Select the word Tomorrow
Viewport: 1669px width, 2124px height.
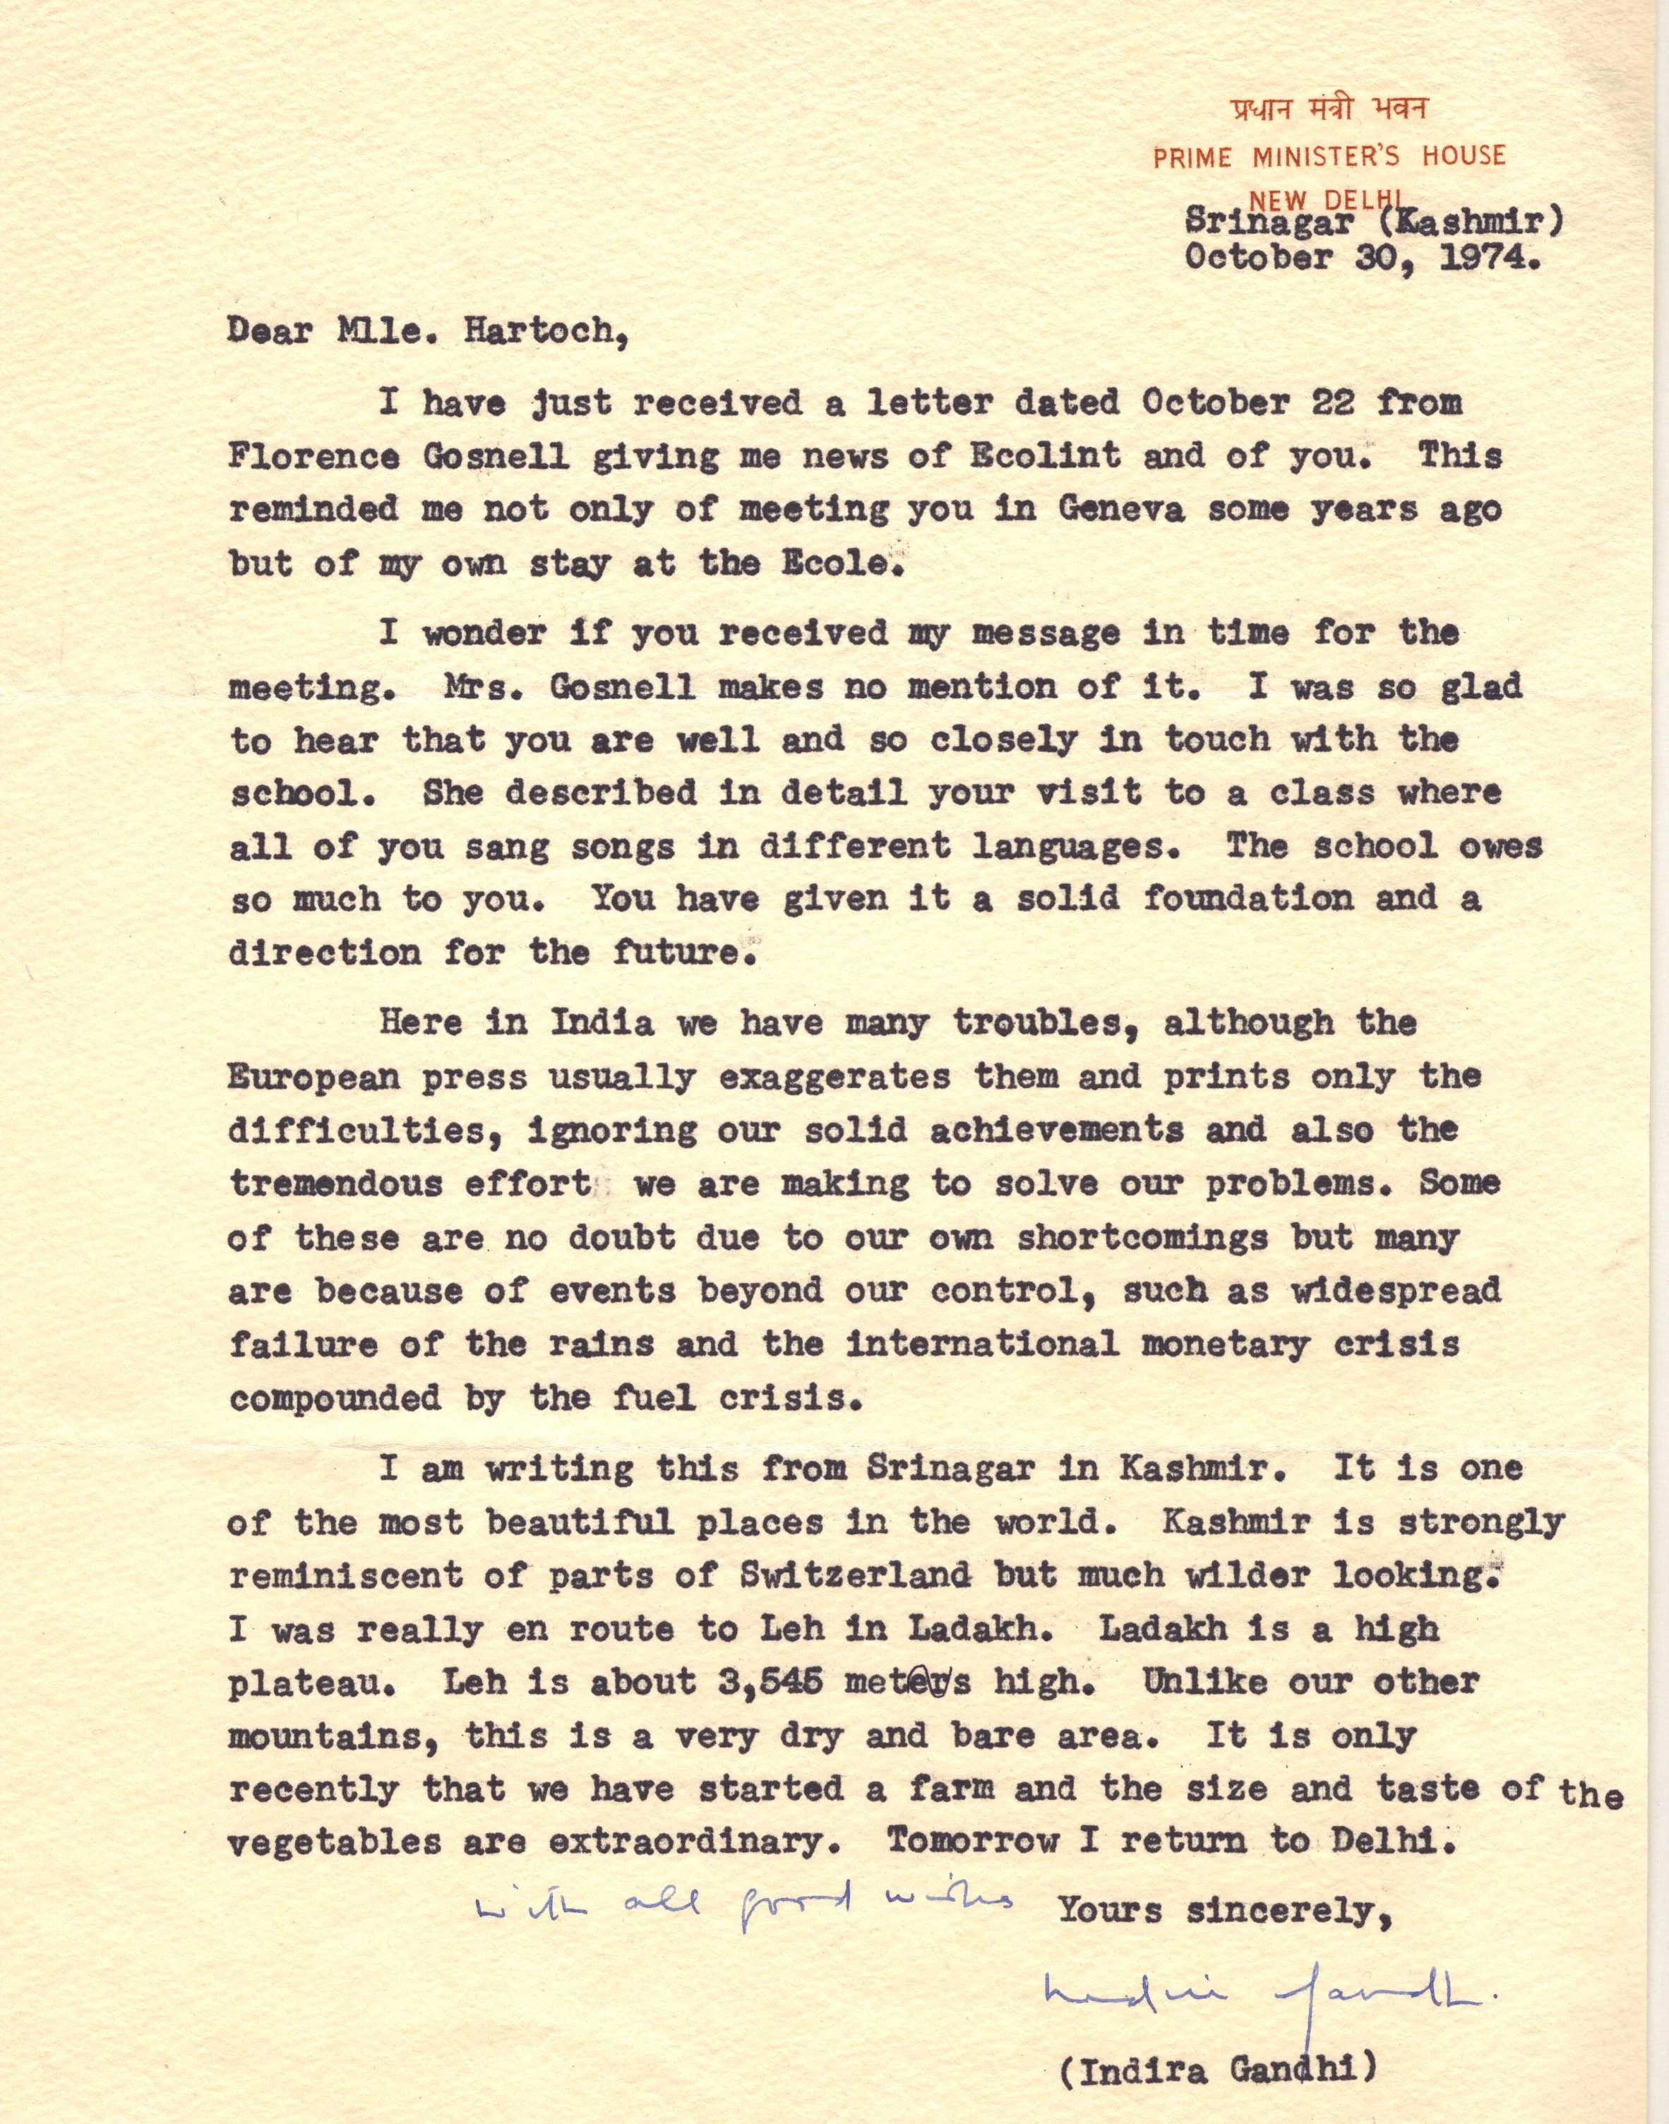pyautogui.click(x=971, y=1842)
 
